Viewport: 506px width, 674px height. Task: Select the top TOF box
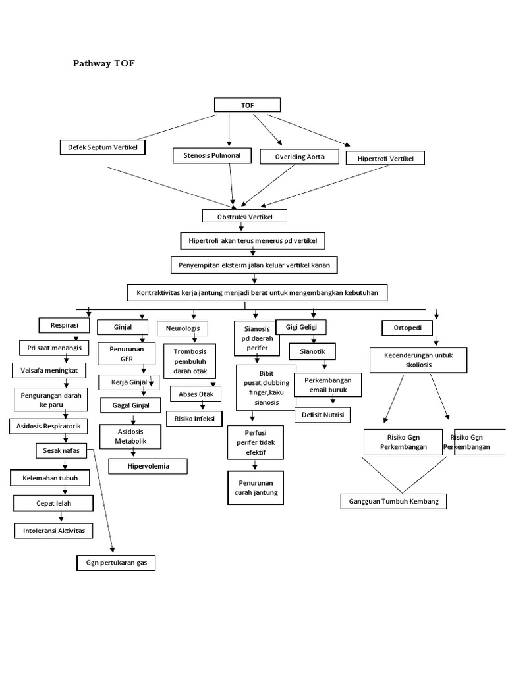point(247,105)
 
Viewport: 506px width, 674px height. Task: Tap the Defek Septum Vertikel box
point(102,147)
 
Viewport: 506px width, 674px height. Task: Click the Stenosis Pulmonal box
point(207,156)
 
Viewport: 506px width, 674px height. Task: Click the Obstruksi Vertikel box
point(244,216)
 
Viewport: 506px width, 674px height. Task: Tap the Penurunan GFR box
point(125,353)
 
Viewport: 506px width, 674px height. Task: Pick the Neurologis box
point(183,328)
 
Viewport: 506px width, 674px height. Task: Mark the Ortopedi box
point(403,327)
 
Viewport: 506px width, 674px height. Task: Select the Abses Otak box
point(196,394)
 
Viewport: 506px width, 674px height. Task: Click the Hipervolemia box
point(148,466)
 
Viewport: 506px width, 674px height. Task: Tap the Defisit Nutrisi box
point(322,415)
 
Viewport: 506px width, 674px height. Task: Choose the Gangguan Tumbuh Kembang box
point(393,501)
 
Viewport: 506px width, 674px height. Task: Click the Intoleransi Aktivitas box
point(53,531)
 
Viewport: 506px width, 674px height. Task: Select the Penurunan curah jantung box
point(255,487)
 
